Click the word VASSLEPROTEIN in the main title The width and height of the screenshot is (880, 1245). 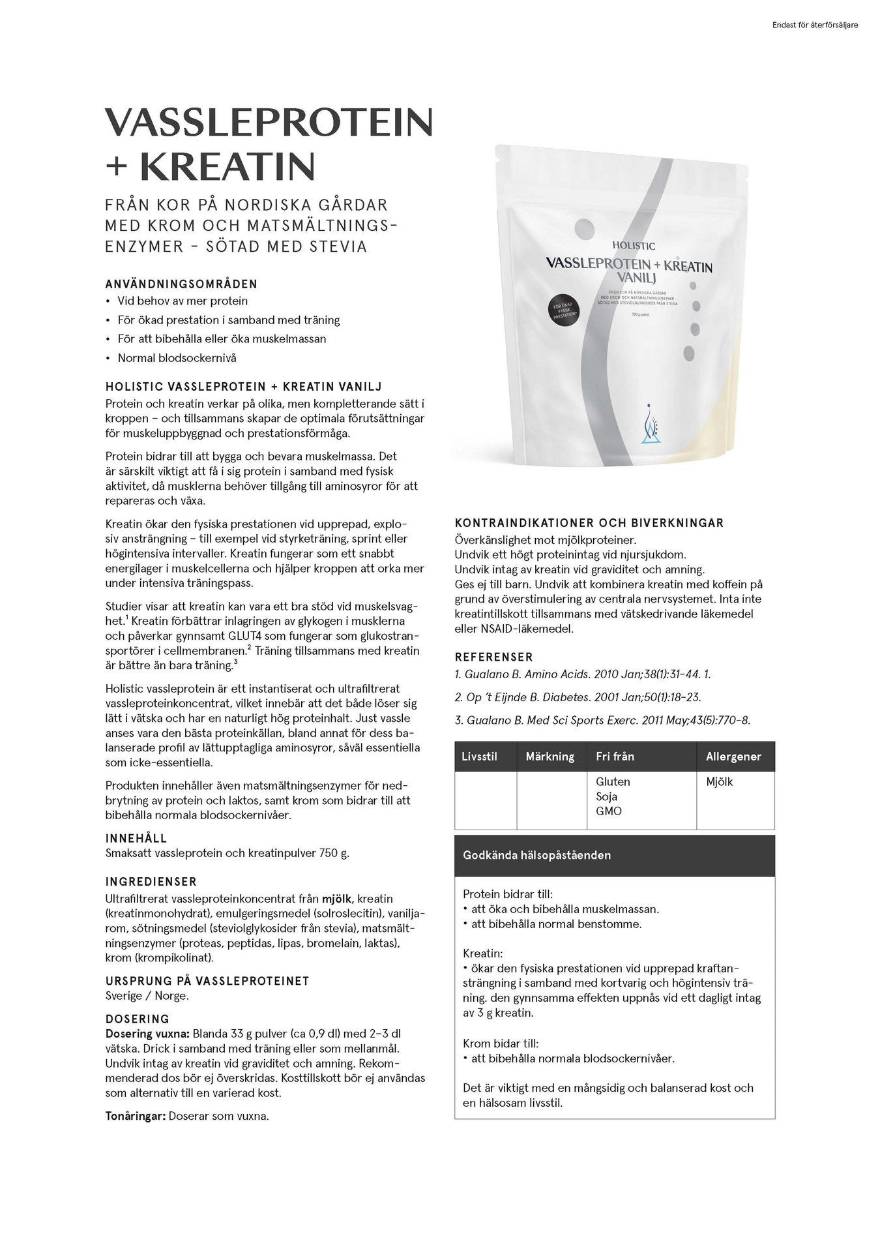pyautogui.click(x=269, y=122)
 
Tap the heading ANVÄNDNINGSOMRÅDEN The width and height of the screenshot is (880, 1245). pyautogui.click(x=181, y=284)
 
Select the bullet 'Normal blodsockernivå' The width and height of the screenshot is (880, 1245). pyautogui.click(x=177, y=358)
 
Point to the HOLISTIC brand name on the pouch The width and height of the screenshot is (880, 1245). pyautogui.click(x=634, y=246)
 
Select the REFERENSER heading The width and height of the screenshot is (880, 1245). pyautogui.click(x=493, y=657)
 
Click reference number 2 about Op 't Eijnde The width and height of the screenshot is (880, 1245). pyautogui.click(x=578, y=697)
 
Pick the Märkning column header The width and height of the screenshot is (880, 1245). pyautogui.click(x=550, y=757)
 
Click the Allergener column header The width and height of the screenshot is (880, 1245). pyautogui.click(x=733, y=757)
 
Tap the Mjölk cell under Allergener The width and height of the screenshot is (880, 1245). pyautogui.click(x=719, y=781)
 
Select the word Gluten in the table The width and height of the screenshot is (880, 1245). pyautogui.click(x=613, y=781)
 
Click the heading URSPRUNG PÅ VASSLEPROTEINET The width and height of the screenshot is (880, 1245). pyautogui.click(x=207, y=981)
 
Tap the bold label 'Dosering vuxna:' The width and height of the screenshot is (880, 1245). pyautogui.click(x=147, y=1034)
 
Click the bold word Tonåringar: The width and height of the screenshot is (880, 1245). pyautogui.click(x=136, y=1116)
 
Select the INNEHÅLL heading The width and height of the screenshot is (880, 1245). pyautogui.click(x=136, y=839)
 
